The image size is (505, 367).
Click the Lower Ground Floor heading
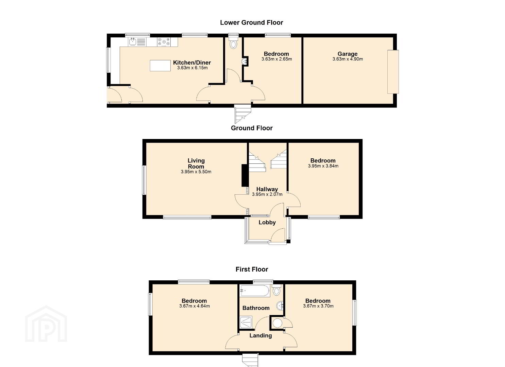tap(251, 22)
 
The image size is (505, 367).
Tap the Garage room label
tap(348, 54)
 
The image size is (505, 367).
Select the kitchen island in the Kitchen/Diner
tap(160, 66)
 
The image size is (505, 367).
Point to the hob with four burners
tap(164, 42)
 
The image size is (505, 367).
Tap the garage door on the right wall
tap(393, 72)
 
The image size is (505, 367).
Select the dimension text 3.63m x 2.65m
tap(276, 59)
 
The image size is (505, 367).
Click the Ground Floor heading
tap(252, 128)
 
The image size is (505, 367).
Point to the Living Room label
tap(196, 163)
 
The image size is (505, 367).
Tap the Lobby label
tap(267, 222)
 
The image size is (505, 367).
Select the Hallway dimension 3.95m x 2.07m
tap(267, 194)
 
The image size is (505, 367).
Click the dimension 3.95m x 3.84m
tap(323, 166)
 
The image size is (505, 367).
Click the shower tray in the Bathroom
tap(246, 322)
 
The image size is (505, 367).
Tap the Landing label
tap(260, 335)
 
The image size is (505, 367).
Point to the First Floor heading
tap(252, 269)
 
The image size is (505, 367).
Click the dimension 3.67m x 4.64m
tap(195, 306)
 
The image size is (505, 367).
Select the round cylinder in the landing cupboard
tap(277, 323)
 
